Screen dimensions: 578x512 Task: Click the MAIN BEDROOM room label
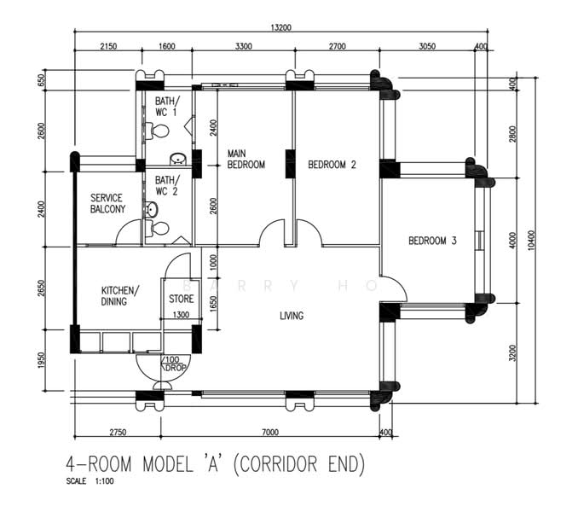246,159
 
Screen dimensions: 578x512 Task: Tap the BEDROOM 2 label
332,165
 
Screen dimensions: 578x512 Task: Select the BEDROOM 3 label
432,241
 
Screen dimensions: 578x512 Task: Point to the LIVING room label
292,316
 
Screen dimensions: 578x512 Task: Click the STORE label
182,299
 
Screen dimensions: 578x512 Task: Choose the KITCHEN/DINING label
120,295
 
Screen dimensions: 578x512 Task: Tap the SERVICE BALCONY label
107,203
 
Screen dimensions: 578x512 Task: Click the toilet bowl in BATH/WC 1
158,131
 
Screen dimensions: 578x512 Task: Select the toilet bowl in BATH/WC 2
158,229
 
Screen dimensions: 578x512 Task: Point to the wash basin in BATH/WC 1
178,159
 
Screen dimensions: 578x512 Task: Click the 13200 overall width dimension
280,27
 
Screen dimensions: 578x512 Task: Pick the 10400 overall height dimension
531,240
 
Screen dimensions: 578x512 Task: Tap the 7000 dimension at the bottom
270,432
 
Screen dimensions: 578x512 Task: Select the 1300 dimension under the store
181,315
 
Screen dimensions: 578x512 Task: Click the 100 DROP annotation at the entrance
174,364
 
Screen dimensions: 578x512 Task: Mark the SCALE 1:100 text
90,481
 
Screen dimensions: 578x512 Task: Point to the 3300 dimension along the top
244,46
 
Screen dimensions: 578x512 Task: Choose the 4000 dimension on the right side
512,240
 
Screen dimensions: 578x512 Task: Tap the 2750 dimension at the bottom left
118,432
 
